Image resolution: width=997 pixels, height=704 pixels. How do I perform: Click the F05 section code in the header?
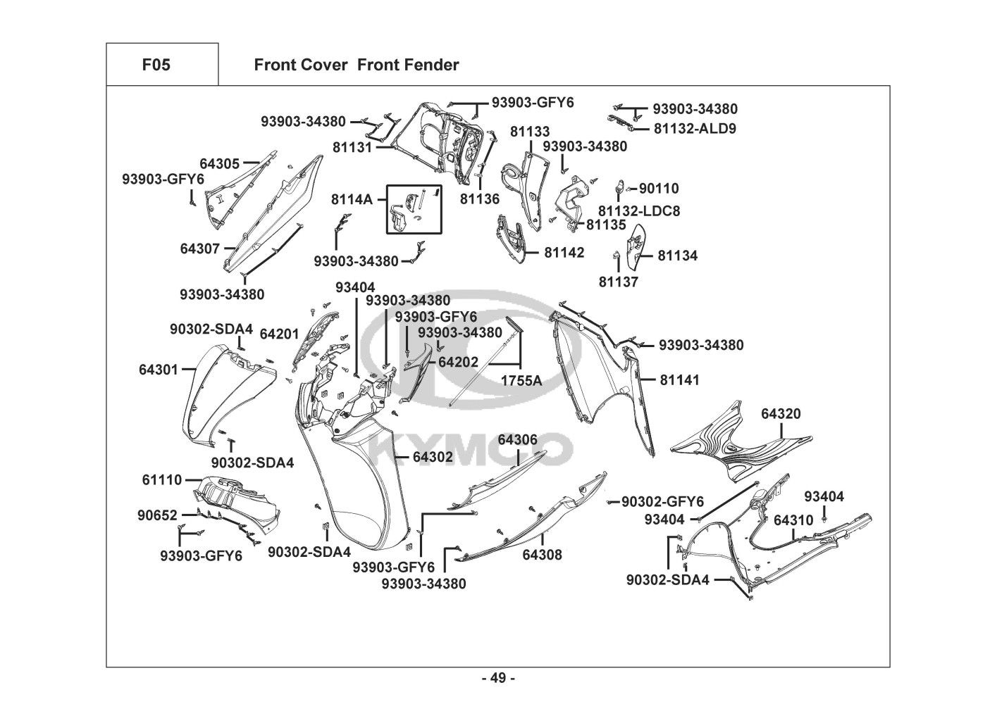[x=156, y=65]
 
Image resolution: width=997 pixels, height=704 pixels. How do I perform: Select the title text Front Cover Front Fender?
[x=356, y=65]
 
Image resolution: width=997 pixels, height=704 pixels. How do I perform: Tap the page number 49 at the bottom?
[x=497, y=679]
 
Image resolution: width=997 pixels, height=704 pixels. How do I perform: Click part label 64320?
[x=781, y=414]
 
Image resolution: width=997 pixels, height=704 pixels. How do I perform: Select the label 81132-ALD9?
[x=695, y=129]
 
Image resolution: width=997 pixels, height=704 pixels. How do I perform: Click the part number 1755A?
[x=521, y=381]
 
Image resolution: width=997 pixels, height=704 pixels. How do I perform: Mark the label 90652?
[x=157, y=515]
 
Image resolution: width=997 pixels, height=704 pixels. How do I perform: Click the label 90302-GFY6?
[x=662, y=502]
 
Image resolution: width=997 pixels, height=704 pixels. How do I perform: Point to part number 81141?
[x=679, y=380]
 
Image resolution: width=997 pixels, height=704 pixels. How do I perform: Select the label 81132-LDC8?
[x=639, y=210]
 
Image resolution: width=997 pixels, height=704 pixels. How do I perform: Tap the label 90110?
[x=659, y=189]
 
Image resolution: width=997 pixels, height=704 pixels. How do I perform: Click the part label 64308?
[x=542, y=555]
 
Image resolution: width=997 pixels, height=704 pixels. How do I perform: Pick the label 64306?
[x=517, y=440]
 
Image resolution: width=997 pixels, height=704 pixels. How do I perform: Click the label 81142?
[x=564, y=252]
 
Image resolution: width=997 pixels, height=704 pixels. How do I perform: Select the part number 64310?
[x=793, y=520]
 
